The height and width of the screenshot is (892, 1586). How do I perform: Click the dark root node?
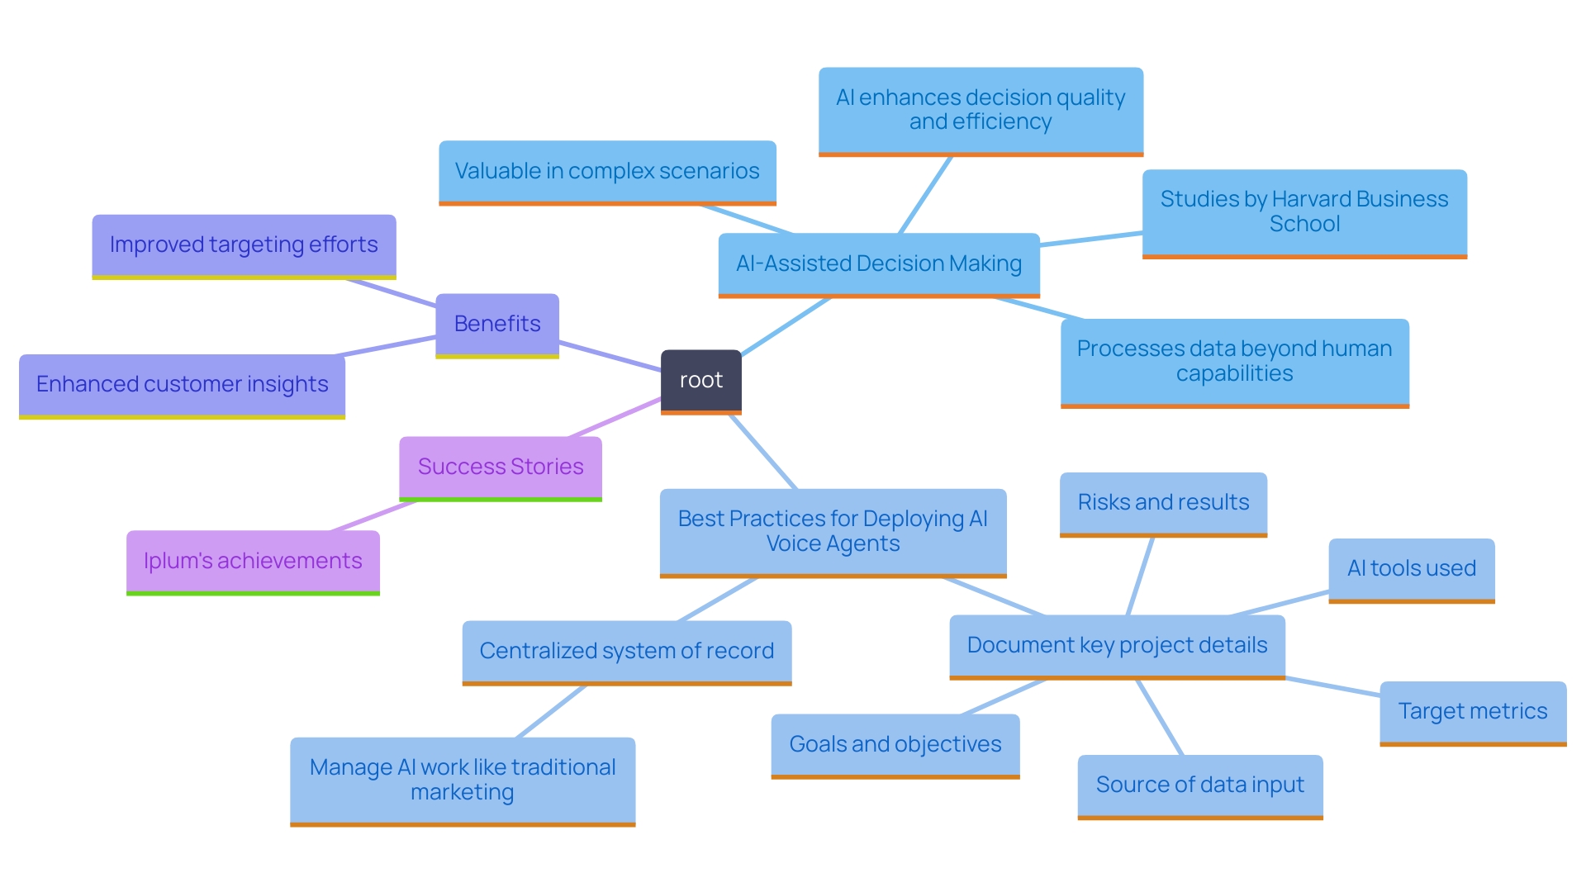(700, 380)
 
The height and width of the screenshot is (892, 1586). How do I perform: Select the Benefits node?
(497, 324)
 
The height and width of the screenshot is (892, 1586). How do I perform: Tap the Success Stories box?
(501, 467)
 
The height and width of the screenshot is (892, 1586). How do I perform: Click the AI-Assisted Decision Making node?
(878, 263)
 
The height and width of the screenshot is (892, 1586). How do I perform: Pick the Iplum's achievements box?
(253, 561)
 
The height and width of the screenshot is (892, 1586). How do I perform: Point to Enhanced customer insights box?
(182, 384)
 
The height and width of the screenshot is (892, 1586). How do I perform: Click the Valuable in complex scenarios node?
(607, 171)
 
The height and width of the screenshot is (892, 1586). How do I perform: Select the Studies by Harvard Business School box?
(1303, 211)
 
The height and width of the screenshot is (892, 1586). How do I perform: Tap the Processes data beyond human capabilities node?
(1234, 361)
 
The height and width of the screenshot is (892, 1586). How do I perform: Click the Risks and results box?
(1163, 502)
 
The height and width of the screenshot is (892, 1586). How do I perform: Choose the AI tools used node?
(1411, 568)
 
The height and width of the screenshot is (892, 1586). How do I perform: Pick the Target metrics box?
(1472, 711)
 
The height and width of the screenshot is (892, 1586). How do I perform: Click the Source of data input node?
(1199, 785)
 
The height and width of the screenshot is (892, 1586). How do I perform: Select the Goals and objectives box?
(895, 744)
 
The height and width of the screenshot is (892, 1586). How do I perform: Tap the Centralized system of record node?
(626, 651)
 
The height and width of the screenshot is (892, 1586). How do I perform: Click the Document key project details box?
(1117, 645)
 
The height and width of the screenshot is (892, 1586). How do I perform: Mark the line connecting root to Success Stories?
(615, 418)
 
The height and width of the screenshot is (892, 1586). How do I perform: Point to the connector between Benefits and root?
(610, 356)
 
